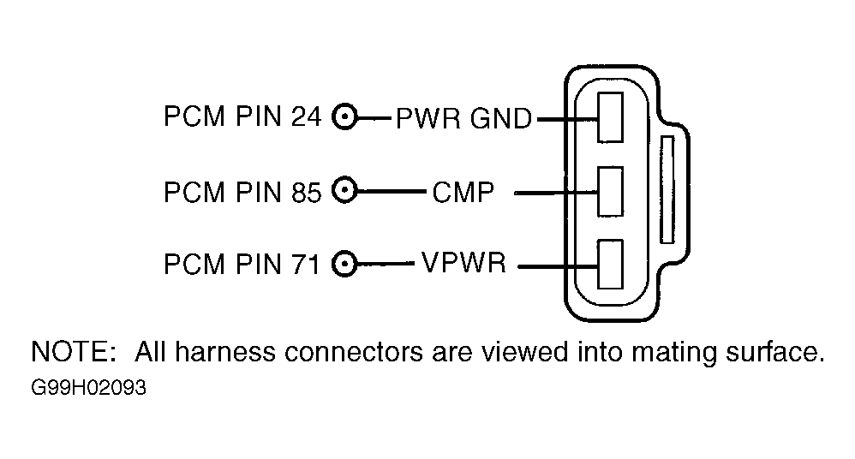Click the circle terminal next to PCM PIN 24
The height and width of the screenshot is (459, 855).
344,116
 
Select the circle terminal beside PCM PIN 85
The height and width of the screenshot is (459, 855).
344,191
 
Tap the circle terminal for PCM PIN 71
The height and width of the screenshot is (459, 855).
344,265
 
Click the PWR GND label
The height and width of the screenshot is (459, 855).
463,118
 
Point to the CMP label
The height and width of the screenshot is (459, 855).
463,192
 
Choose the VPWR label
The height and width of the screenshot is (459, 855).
464,263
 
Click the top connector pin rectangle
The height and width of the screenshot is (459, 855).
610,117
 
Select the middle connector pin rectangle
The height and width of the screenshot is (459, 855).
610,192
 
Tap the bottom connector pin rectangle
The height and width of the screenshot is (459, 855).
610,264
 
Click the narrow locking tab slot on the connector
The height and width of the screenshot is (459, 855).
667,190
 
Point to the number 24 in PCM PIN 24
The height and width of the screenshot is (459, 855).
306,116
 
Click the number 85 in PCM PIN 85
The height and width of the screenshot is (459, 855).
306,192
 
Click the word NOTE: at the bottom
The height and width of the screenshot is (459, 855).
74,352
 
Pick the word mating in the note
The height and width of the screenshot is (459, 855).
674,354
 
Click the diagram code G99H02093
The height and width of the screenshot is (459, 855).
88,388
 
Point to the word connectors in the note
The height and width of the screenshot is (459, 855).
354,352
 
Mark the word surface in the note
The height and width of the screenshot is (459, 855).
774,352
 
